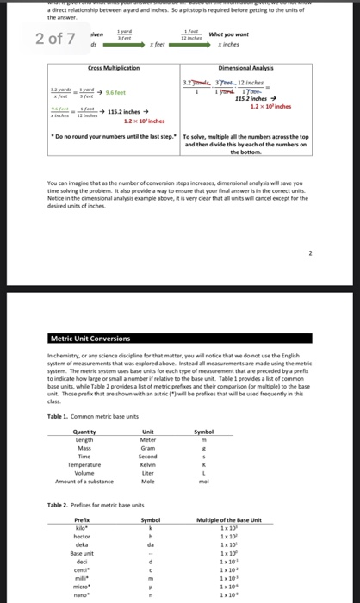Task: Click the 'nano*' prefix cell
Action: [x=83, y=594]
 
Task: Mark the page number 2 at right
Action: [x=311, y=230]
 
